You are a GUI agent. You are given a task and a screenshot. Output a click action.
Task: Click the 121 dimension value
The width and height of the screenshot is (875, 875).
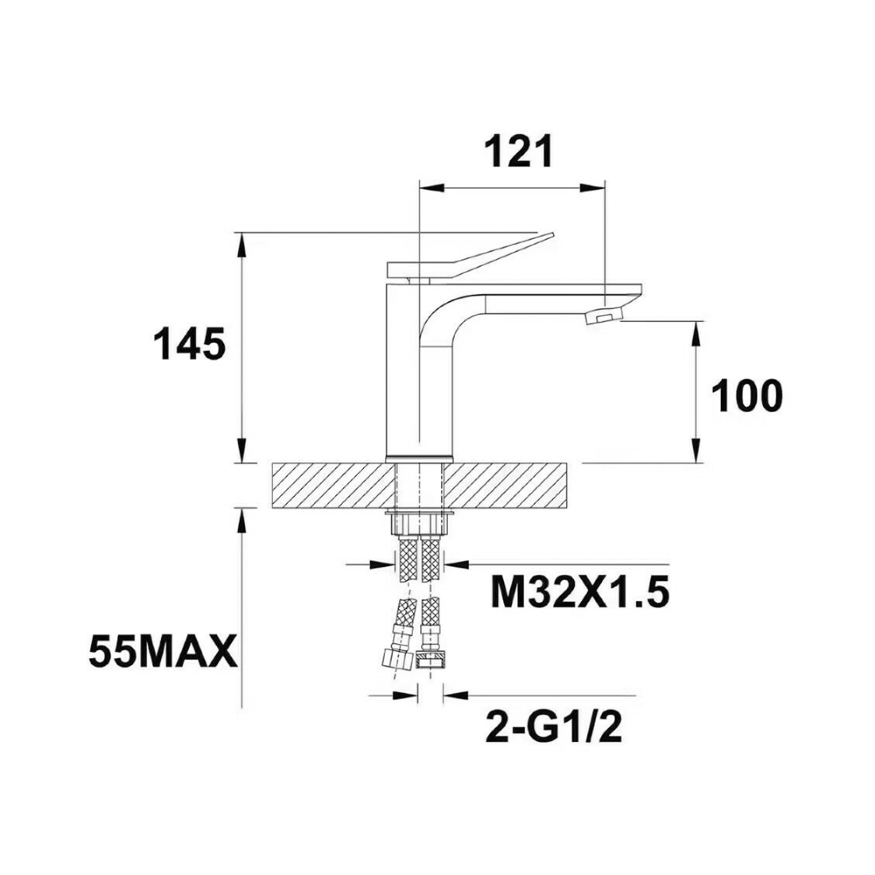pos(520,152)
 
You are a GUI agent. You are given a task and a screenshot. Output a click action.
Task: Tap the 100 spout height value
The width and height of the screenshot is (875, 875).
pos(746,396)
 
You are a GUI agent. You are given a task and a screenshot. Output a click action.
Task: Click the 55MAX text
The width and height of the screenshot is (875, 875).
pos(163,653)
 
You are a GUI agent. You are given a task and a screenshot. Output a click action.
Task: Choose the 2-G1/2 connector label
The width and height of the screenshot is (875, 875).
pos(553,727)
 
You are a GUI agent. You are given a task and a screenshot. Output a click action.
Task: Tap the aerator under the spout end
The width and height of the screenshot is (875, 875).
pos(603,316)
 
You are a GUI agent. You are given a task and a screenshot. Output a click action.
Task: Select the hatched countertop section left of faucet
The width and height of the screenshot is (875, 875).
pos(329,485)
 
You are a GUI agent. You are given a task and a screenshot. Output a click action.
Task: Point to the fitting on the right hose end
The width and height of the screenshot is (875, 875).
pos(429,659)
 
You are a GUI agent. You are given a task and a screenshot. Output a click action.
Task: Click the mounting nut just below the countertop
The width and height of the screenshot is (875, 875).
pos(418,522)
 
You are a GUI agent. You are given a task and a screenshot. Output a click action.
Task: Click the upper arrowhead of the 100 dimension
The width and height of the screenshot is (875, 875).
pos(696,331)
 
